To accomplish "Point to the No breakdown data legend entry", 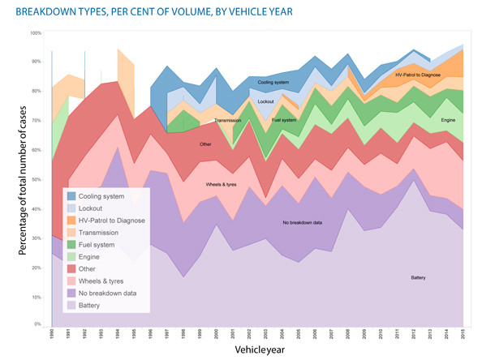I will click(110, 293).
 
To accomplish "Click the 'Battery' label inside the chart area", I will click(419, 278).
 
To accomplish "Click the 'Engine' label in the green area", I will click(448, 120).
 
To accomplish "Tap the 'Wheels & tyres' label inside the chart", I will click(222, 185).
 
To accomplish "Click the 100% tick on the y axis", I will click(37, 33).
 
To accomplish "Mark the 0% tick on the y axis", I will click(38, 324).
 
